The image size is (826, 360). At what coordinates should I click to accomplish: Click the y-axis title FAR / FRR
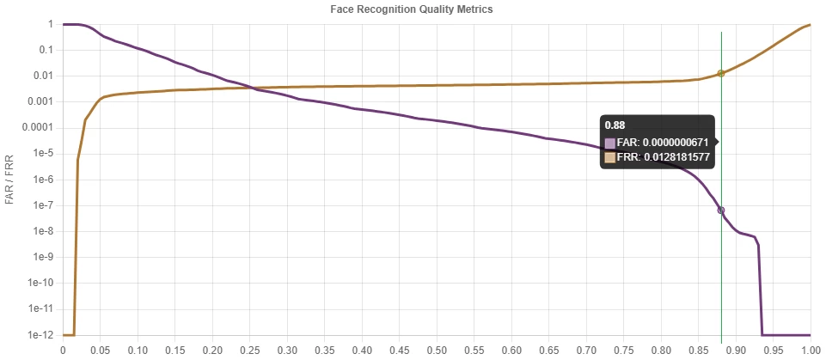pos(9,180)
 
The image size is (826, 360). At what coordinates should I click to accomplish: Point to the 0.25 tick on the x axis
pos(250,351)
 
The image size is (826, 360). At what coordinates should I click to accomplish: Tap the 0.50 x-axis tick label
pos(437,351)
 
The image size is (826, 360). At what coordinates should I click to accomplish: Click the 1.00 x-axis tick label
pos(810,351)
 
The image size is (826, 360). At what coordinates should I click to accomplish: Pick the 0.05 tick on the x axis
pos(101,351)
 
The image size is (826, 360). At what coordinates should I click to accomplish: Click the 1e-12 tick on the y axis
pos(40,335)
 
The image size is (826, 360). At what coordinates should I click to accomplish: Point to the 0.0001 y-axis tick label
pos(36,127)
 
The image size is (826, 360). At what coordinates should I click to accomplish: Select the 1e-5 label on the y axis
pos(41,154)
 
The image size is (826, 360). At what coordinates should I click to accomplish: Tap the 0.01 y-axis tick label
pos(44,76)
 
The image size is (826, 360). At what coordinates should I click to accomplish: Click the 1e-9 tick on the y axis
pos(42,257)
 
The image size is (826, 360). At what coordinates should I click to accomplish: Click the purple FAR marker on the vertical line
pos(721,210)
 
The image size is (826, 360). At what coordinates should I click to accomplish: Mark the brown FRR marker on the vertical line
pos(721,73)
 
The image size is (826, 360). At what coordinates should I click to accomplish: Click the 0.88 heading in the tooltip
pos(614,125)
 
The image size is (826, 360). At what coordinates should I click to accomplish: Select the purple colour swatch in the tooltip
pos(610,143)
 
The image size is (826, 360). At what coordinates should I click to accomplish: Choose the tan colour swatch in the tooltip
pos(610,158)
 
